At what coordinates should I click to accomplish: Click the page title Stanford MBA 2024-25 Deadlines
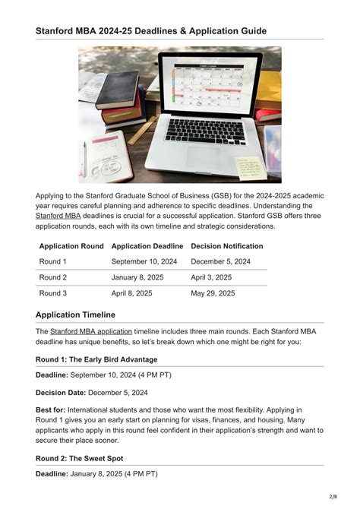click(150, 30)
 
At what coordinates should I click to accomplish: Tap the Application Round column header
click(71, 246)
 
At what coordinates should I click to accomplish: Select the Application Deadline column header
click(147, 246)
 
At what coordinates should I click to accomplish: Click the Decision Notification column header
click(227, 246)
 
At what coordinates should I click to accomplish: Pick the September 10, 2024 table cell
click(144, 261)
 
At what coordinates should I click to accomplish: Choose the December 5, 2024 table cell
click(221, 261)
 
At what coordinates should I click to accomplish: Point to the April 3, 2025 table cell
click(212, 277)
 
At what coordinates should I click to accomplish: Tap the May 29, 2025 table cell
click(213, 293)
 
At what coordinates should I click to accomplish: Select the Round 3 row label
click(53, 293)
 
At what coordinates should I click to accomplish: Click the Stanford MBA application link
click(91, 331)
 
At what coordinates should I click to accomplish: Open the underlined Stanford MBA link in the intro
click(58, 216)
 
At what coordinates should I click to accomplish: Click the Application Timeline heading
click(75, 315)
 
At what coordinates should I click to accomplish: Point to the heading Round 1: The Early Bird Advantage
click(96, 359)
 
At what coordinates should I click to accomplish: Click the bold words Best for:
click(55, 409)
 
